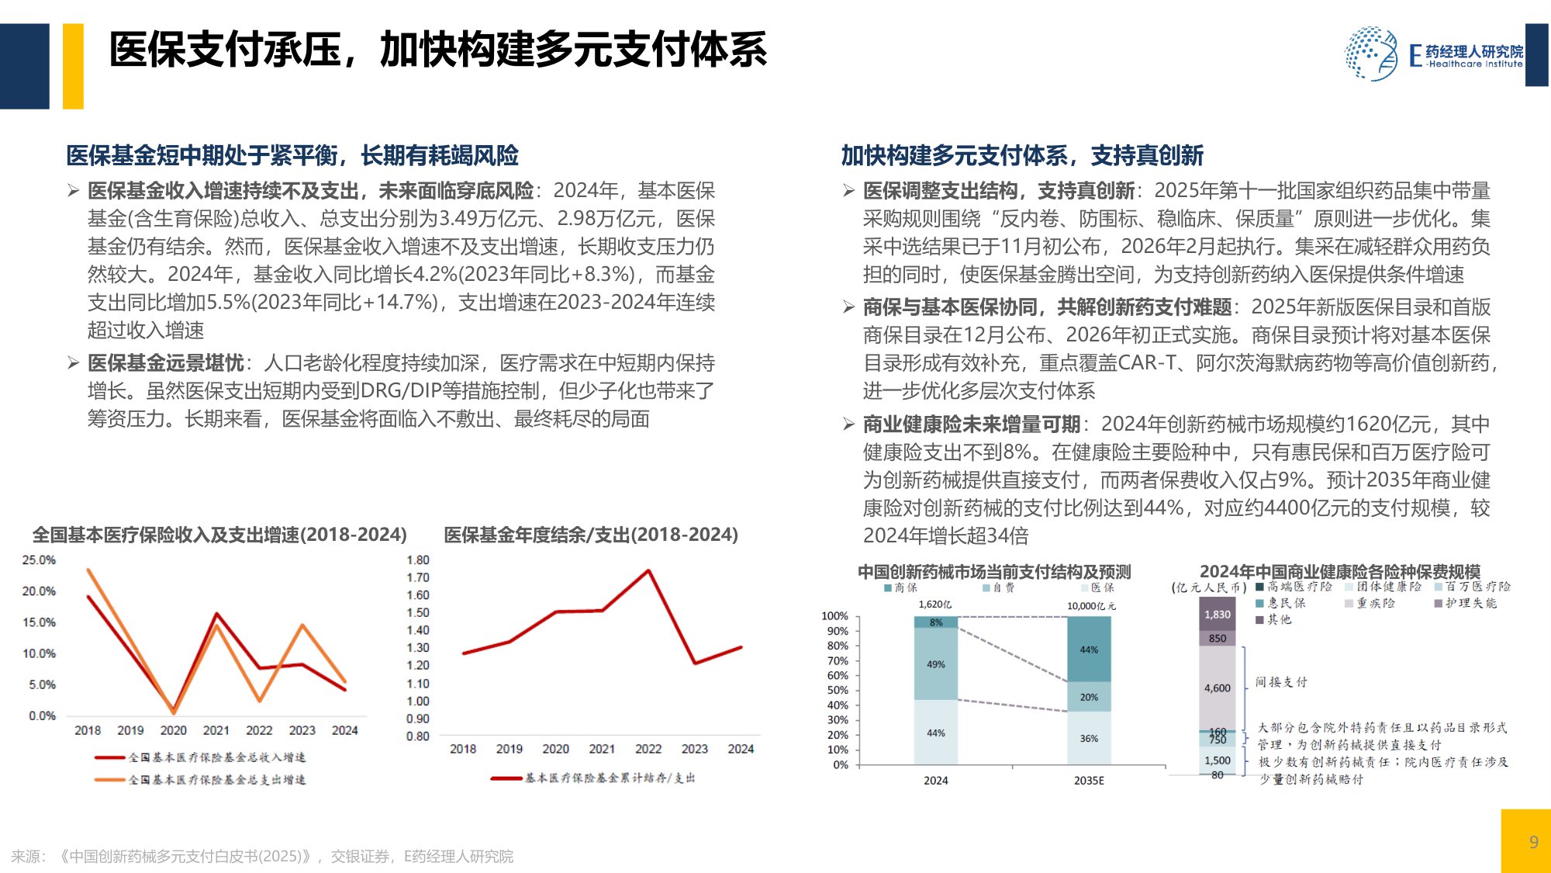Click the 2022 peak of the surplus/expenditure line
[648, 571]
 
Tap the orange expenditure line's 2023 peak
[302, 625]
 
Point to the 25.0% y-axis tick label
[39, 560]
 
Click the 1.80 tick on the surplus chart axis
[417, 560]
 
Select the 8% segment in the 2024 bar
[936, 622]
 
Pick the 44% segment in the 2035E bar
[1089, 650]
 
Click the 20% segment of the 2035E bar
[1089, 697]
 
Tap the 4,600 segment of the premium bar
[1218, 688]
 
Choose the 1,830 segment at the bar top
[1218, 615]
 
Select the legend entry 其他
[1279, 619]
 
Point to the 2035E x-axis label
[1089, 781]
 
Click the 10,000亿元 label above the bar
[1091, 606]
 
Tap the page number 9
[1533, 842]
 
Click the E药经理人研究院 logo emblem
[1370, 54]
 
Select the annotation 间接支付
[1281, 682]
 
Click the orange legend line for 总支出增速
[109, 779]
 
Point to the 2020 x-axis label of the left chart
[173, 730]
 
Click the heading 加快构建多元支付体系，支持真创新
[1022, 156]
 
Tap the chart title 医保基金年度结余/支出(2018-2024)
[591, 535]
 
